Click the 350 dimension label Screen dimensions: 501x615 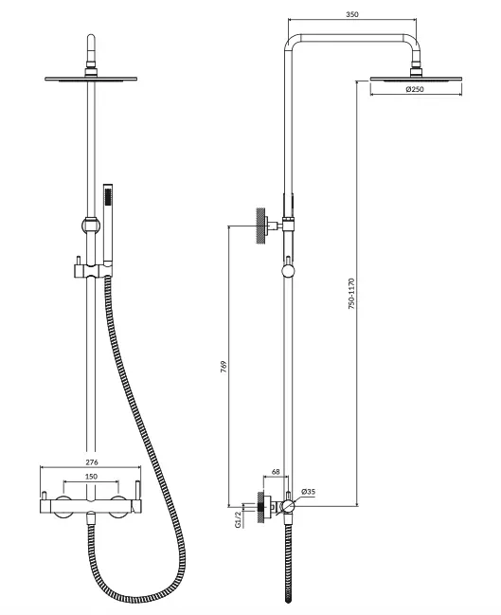click(352, 14)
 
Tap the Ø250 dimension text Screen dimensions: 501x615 click(415, 89)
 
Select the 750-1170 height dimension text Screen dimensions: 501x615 click(351, 294)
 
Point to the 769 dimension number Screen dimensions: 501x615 click(224, 366)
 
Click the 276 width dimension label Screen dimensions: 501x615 click(92, 462)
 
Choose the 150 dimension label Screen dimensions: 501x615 click(91, 477)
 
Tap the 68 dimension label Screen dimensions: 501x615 click(276, 472)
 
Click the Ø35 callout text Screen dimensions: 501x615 click(308, 492)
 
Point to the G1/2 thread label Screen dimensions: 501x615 click(238, 519)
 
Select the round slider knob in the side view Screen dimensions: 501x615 click(288, 271)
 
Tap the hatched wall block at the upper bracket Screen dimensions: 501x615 click(259, 226)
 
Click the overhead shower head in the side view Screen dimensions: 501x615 click(416, 80)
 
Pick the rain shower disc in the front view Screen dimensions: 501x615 click(91, 80)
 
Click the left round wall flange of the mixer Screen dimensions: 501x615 click(63, 506)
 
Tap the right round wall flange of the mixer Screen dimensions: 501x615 click(118, 506)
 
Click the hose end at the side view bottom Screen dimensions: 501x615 click(288, 599)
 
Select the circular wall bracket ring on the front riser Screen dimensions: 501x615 click(91, 225)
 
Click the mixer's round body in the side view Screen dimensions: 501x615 click(287, 506)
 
